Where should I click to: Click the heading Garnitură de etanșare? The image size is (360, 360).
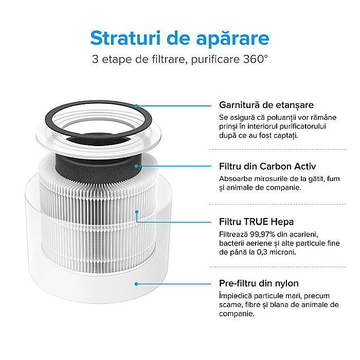266,105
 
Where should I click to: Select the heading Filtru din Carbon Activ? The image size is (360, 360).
267,167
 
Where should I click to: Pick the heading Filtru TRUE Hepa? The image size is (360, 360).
256,222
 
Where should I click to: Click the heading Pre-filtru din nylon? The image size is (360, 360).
259,283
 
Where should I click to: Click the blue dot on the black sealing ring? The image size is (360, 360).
136,105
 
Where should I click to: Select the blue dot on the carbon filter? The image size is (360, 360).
136,166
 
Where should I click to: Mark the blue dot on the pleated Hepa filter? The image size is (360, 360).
136,211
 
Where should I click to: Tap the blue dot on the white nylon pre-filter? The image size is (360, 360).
136,283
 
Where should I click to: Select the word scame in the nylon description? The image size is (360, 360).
230,305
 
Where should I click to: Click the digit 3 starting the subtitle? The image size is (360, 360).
95,59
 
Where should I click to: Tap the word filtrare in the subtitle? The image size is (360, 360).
166,59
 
